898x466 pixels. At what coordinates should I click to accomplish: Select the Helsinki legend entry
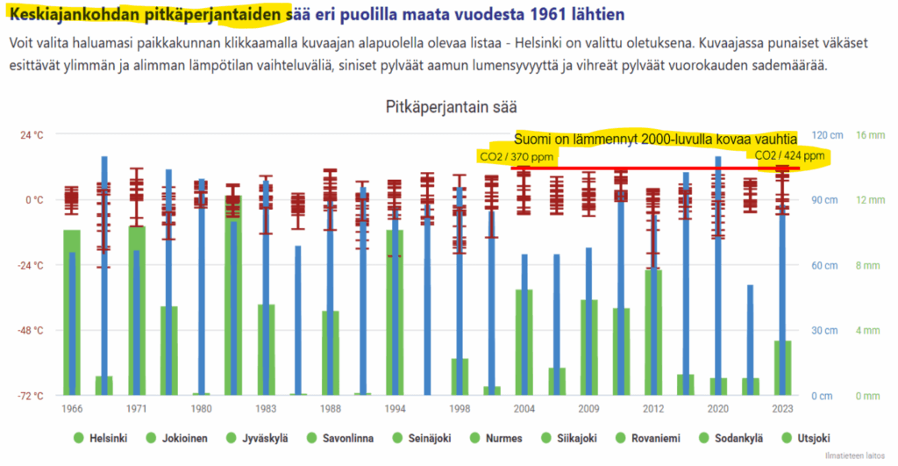click(x=103, y=439)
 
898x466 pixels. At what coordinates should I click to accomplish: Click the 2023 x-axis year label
click(x=783, y=409)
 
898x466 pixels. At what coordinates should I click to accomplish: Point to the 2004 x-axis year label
click(x=524, y=409)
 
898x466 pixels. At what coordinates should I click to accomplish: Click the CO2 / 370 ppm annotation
click(x=517, y=156)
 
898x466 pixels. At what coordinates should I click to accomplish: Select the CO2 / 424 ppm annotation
click(x=789, y=155)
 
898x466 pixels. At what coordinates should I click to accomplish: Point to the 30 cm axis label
click(x=823, y=331)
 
